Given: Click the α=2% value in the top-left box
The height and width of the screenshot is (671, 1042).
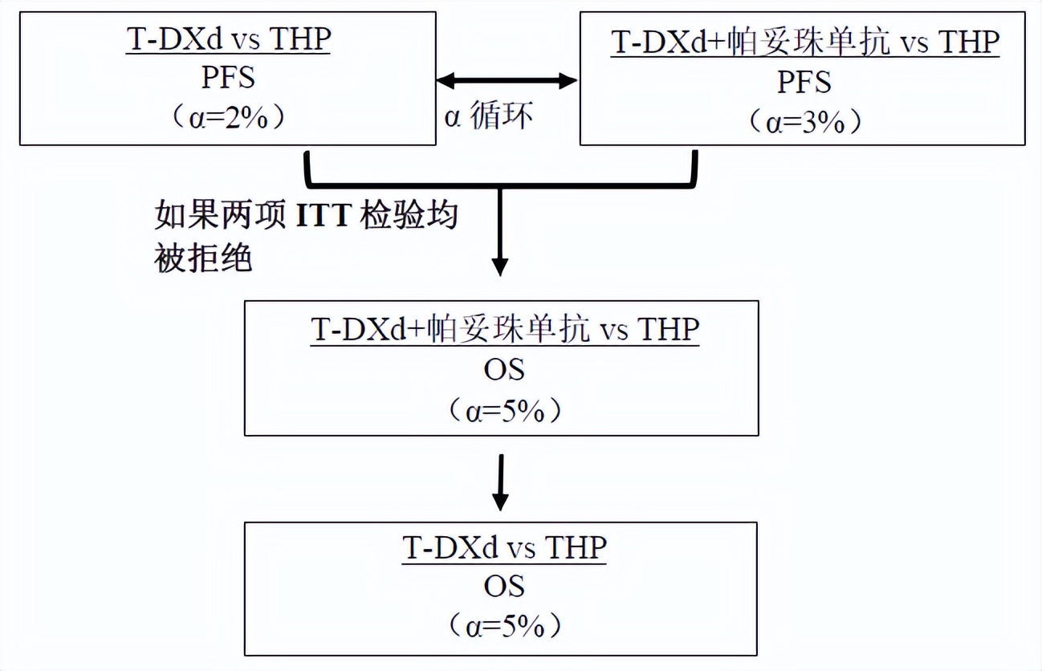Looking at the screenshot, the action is click(229, 118).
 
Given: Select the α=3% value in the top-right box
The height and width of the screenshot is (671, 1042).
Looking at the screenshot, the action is click(805, 123).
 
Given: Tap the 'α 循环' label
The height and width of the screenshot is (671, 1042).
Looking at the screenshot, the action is click(488, 115).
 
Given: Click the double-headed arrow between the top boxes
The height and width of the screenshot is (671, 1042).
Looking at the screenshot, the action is click(507, 80).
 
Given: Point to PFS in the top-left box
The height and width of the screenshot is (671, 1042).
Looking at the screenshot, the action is click(229, 78).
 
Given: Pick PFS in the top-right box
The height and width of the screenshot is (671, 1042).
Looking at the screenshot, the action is click(804, 83).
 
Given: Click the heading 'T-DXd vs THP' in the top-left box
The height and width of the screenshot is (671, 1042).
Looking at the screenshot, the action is click(229, 39).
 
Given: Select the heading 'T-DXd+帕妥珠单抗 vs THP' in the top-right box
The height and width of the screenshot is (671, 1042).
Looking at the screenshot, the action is click(805, 43).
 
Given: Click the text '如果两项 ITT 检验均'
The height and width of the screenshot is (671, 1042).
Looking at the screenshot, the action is click(307, 215).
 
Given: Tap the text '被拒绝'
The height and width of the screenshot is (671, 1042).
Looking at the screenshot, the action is click(203, 257).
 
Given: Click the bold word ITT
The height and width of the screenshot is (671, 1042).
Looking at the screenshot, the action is click(324, 215).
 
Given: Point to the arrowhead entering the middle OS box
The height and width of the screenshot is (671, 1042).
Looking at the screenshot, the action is click(500, 267).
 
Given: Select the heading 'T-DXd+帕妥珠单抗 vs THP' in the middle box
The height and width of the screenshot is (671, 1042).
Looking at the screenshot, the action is click(505, 330).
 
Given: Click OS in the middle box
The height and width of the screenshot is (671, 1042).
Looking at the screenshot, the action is click(504, 370).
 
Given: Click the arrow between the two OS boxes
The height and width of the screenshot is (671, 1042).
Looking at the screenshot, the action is click(501, 482).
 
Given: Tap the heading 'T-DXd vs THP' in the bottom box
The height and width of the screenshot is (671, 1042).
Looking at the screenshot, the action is click(504, 547).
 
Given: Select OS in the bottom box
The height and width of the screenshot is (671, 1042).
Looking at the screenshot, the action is click(504, 587).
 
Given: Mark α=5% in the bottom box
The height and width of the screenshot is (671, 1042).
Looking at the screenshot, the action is click(505, 627).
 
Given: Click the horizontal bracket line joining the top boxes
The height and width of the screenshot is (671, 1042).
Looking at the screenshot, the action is click(501, 185).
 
